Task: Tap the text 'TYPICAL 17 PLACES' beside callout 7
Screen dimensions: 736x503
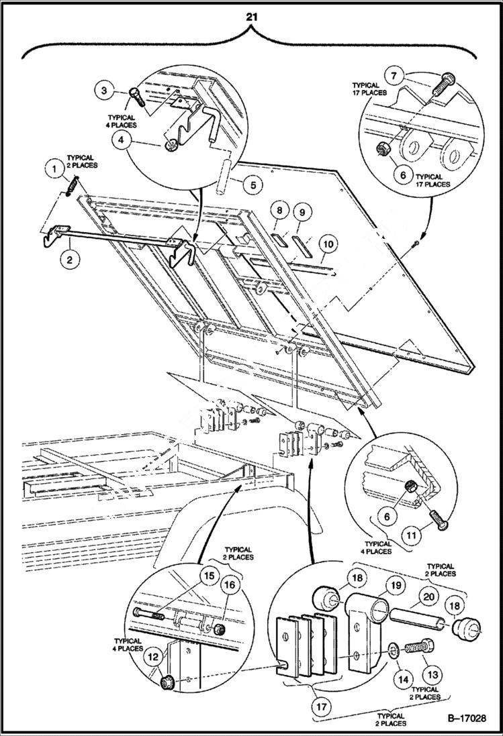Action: (x=369, y=89)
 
